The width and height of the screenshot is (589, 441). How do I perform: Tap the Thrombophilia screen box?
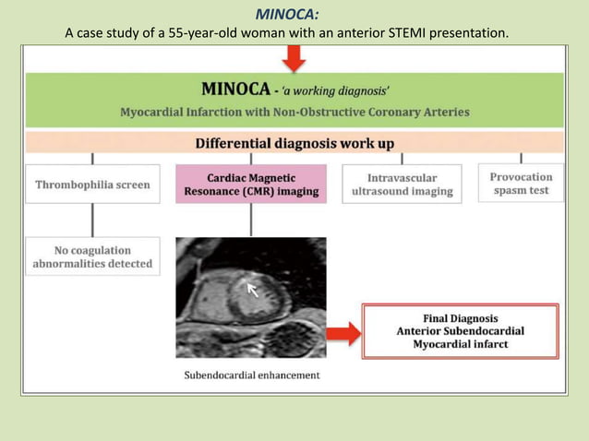[92, 185]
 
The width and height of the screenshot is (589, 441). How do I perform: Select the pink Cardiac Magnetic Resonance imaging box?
[251, 185]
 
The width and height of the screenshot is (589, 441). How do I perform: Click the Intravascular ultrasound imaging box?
[402, 185]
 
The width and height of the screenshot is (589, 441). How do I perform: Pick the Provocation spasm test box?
[521, 183]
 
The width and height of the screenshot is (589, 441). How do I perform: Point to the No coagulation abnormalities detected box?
[92, 256]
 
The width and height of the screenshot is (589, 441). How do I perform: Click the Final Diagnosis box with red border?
[460, 330]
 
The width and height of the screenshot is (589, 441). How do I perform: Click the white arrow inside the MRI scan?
[254, 291]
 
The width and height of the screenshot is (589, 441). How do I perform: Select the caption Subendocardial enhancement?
[251, 375]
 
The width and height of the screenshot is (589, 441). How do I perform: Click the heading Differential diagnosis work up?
[294, 143]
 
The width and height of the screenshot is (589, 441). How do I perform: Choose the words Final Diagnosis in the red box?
[460, 317]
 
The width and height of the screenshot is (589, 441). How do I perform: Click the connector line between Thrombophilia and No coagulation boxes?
[92, 220]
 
